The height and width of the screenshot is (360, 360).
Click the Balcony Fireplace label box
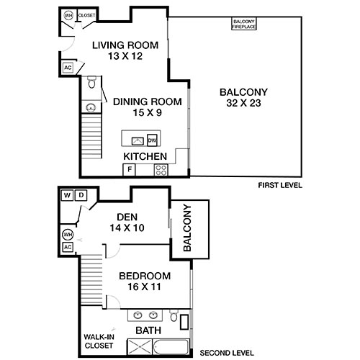(x=245, y=24)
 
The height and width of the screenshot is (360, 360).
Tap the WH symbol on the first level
(x=69, y=15)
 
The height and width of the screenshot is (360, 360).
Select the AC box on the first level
(x=68, y=68)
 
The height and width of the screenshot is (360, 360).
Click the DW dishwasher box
(x=151, y=140)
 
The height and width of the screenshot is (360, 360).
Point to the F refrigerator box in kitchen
(x=130, y=169)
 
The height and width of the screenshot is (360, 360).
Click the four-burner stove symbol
(x=161, y=170)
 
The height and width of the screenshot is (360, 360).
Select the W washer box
(x=66, y=194)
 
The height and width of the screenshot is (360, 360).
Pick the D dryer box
(x=81, y=194)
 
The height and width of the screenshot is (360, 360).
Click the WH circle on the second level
(x=68, y=234)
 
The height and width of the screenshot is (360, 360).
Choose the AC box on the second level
(x=68, y=247)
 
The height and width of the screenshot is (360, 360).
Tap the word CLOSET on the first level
(x=86, y=15)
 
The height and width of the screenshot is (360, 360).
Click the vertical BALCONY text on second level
(x=188, y=228)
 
